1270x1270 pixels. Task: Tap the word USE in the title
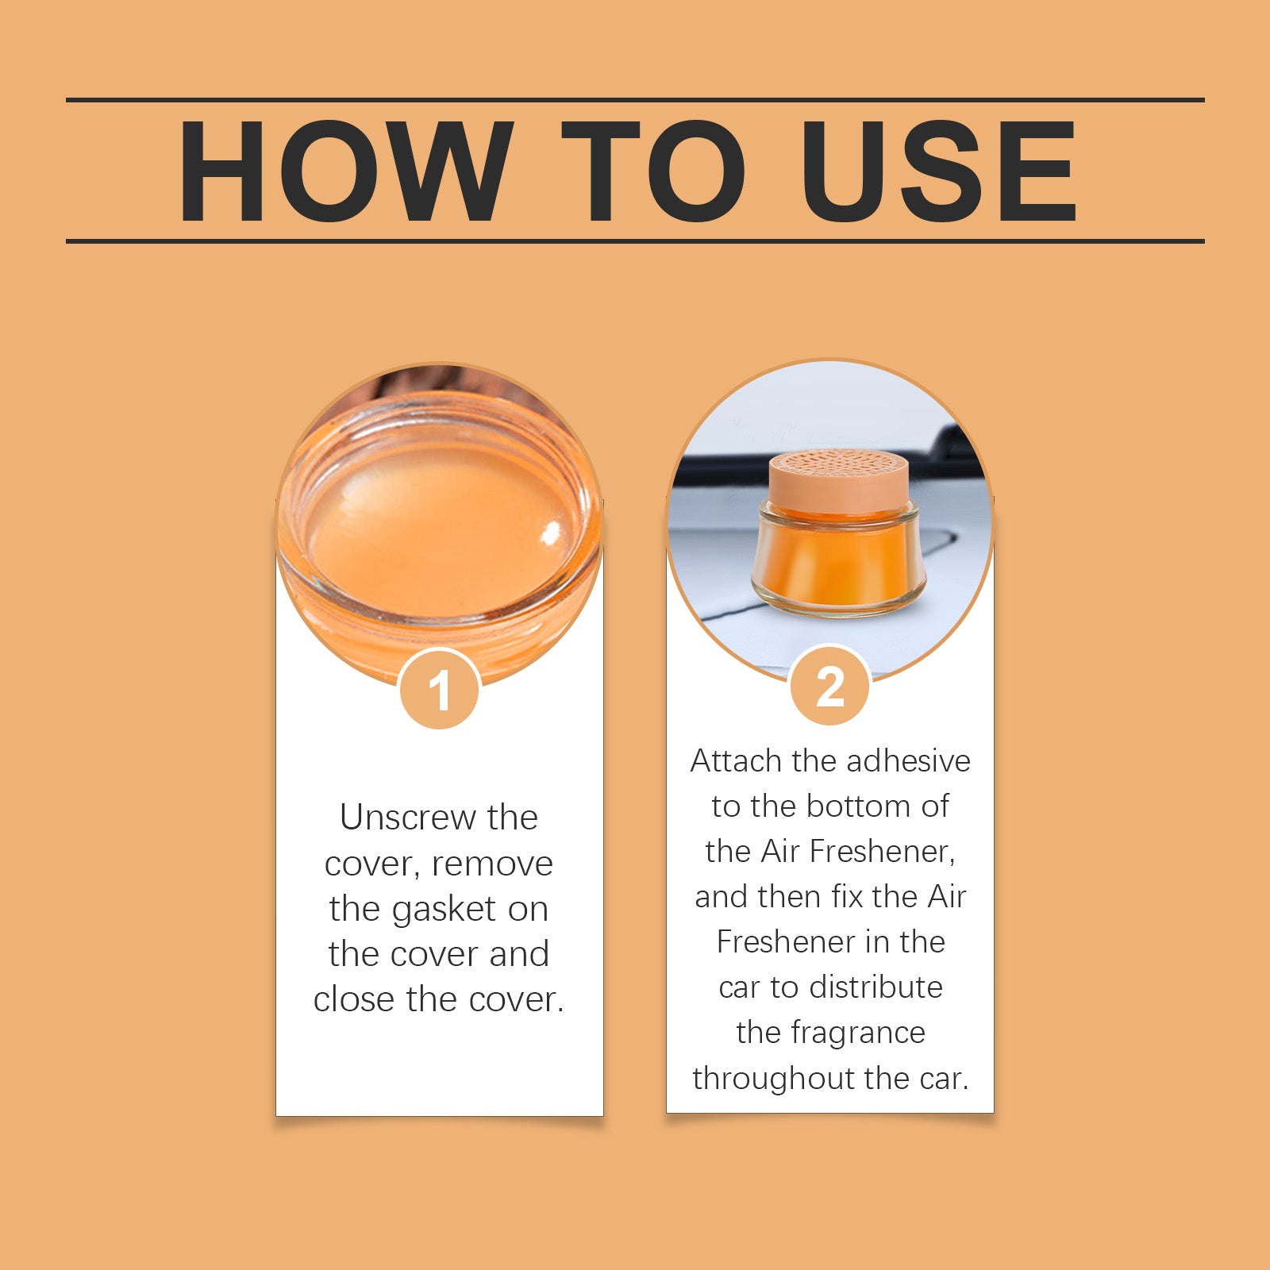click(939, 171)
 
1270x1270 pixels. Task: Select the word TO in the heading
click(653, 171)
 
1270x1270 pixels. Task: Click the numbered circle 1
click(439, 689)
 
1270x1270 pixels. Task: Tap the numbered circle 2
click(830, 685)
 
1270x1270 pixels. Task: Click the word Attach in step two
click(736, 760)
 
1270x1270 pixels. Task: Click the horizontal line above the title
click(635, 100)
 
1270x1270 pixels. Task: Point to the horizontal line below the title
click(635, 241)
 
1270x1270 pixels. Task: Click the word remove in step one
click(492, 864)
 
